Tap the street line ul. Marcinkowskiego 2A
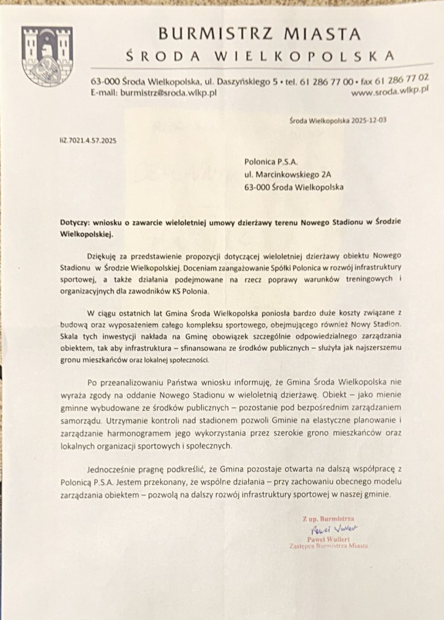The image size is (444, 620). (288, 175)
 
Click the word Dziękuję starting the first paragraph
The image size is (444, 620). (105, 256)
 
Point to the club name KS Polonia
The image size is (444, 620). (191, 292)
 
